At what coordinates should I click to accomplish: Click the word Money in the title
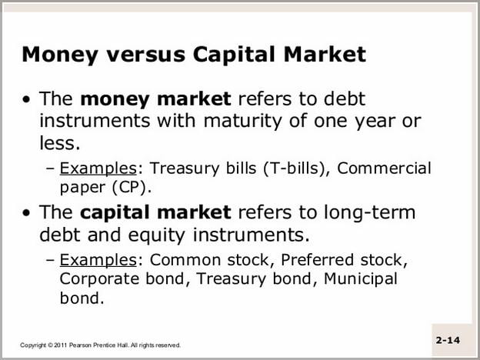[x=60, y=55]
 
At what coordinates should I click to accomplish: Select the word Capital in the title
[x=234, y=55]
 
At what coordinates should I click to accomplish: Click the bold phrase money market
[x=155, y=99]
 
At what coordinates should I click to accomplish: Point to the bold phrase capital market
[x=155, y=213]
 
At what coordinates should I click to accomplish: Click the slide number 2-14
[x=448, y=340]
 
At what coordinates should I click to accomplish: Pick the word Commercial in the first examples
[x=384, y=168]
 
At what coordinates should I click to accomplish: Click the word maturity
[x=242, y=122]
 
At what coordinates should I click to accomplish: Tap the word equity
[x=156, y=235]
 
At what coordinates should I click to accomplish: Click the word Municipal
[x=360, y=279]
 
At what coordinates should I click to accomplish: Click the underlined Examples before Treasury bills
[x=98, y=168]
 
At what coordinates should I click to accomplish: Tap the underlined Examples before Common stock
[x=98, y=261]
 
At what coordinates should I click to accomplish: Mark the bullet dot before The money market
[x=27, y=100]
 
